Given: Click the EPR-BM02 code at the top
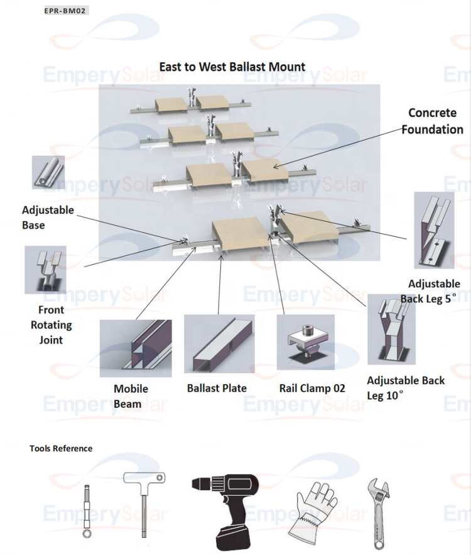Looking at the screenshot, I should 66,11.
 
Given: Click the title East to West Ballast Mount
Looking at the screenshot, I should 232,67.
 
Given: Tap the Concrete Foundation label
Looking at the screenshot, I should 432,121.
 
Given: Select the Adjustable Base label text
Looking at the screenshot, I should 47,217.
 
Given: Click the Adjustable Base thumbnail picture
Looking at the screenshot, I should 48,172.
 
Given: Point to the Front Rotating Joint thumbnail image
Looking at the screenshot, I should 45,270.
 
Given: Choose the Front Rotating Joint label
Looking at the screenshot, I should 51,324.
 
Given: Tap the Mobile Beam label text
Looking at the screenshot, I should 131,396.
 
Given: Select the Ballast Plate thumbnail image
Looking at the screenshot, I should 219,344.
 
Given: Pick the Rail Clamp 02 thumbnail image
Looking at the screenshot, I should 305,342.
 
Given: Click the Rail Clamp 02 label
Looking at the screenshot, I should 312,388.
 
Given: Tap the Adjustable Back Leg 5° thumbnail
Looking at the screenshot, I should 434,230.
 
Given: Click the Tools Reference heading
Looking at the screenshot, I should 61,448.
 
